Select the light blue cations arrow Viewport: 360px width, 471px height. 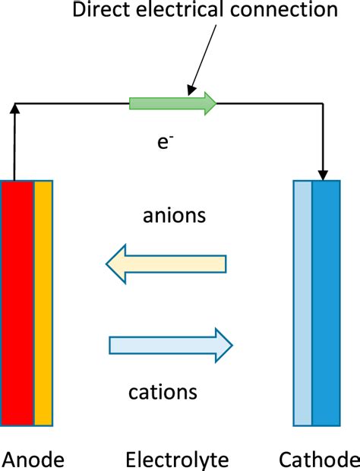click(x=171, y=345)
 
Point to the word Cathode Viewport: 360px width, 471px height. click(x=319, y=460)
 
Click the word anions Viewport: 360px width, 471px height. click(x=174, y=216)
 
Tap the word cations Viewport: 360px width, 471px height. click(x=163, y=392)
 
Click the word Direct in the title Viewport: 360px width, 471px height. click(x=98, y=11)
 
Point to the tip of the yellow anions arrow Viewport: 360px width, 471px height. click(x=109, y=264)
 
